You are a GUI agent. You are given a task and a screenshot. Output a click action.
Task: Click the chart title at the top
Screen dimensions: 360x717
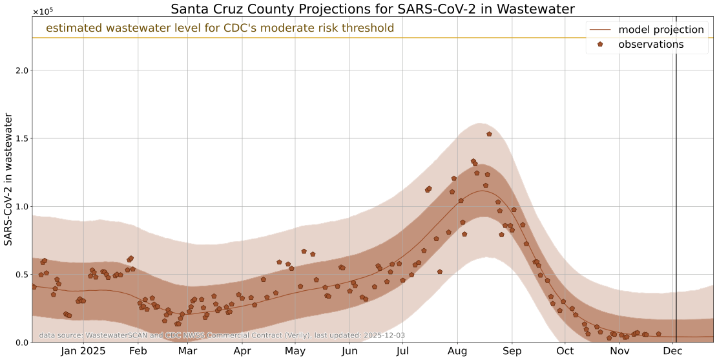373,9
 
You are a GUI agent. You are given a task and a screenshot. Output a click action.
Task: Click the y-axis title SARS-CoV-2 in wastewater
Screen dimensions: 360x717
9,179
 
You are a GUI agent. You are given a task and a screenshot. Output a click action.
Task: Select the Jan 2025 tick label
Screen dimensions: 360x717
83,351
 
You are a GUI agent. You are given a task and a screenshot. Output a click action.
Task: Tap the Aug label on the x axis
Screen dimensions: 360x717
457,351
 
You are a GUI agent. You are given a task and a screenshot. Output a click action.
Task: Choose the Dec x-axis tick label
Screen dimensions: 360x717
672,351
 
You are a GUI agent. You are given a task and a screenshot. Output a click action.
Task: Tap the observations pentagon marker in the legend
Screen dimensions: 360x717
600,45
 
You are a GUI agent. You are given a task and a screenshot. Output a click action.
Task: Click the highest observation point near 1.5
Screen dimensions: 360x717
489,134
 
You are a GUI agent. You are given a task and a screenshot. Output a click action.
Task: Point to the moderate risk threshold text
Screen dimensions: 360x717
220,28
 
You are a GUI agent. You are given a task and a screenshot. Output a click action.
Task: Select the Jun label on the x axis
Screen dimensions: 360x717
349,351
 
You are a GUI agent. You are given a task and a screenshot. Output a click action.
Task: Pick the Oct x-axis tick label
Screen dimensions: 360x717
565,351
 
